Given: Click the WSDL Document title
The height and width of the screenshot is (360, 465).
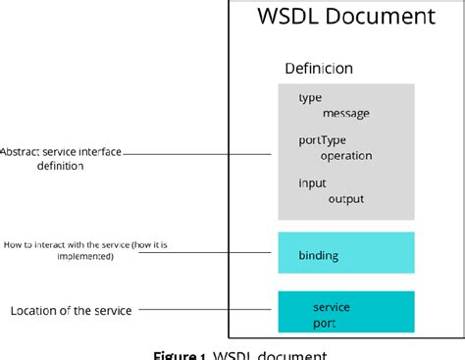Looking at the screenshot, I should pos(345,17).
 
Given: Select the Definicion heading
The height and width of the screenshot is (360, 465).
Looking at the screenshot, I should pos(318,69).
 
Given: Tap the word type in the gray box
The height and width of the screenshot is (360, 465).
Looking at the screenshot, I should pos(309,97).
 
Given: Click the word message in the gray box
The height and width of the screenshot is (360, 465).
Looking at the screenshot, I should pos(345,113).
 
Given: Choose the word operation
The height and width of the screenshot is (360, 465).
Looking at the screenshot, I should pos(346,155).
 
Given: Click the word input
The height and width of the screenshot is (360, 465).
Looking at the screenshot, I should pos(312,183).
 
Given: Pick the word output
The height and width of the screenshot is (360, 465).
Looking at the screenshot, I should pos(346,198).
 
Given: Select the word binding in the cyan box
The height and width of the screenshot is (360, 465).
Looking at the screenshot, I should pos(318,255).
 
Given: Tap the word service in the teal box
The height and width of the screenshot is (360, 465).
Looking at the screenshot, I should pos(331,307).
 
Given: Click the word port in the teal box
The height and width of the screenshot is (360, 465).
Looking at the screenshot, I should pos(324,323).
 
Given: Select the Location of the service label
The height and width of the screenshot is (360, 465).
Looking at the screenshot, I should pos(71,311).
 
